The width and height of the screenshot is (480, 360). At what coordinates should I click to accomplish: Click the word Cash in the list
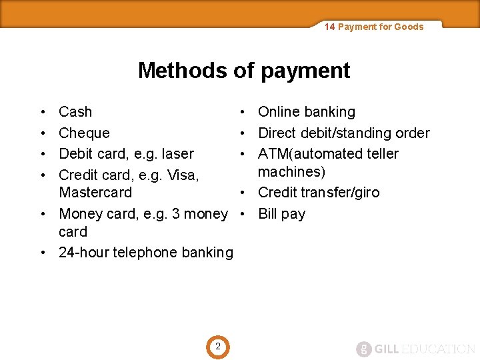pyautogui.click(x=75, y=112)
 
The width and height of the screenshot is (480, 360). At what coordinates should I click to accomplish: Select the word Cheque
pyautogui.click(x=84, y=133)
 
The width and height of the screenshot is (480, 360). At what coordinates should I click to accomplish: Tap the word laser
pyautogui.click(x=178, y=153)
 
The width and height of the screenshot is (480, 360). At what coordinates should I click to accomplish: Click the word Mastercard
pyautogui.click(x=95, y=193)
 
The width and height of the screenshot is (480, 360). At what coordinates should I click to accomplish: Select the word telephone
pyautogui.click(x=144, y=252)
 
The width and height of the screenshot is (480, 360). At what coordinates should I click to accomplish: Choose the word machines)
pyautogui.click(x=291, y=171)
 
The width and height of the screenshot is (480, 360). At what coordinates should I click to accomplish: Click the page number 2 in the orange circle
pyautogui.click(x=217, y=347)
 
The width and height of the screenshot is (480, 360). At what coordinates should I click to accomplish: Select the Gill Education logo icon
pyautogui.click(x=363, y=349)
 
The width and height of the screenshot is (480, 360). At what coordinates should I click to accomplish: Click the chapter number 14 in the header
pyautogui.click(x=329, y=27)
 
